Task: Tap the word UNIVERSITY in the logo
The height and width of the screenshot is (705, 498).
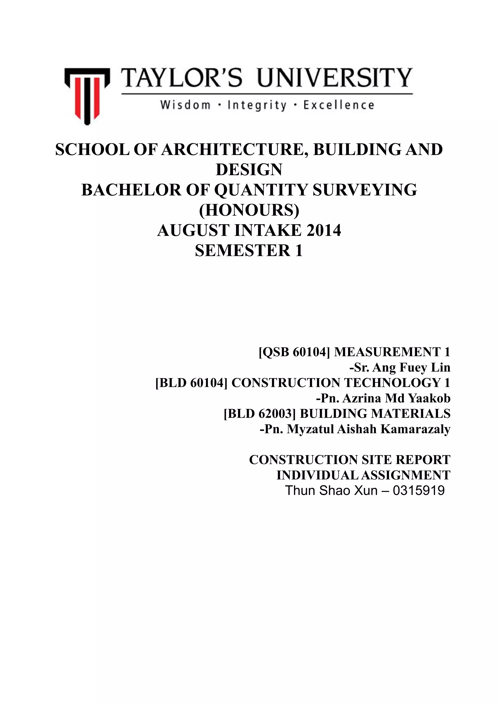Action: [334, 78]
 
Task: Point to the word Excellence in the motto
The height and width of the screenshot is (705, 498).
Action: [339, 105]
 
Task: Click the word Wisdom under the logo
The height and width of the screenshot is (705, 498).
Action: [185, 105]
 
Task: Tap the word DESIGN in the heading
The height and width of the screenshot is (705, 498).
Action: [249, 170]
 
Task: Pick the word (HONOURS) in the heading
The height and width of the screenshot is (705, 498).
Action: [249, 210]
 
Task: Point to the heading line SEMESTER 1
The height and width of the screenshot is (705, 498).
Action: [249, 251]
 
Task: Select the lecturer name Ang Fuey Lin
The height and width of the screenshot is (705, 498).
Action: [411, 368]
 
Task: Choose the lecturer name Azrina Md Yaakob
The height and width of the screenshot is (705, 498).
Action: [396, 398]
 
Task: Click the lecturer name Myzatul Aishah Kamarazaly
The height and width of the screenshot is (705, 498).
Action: [368, 429]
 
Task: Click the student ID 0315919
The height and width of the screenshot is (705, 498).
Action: [418, 491]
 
